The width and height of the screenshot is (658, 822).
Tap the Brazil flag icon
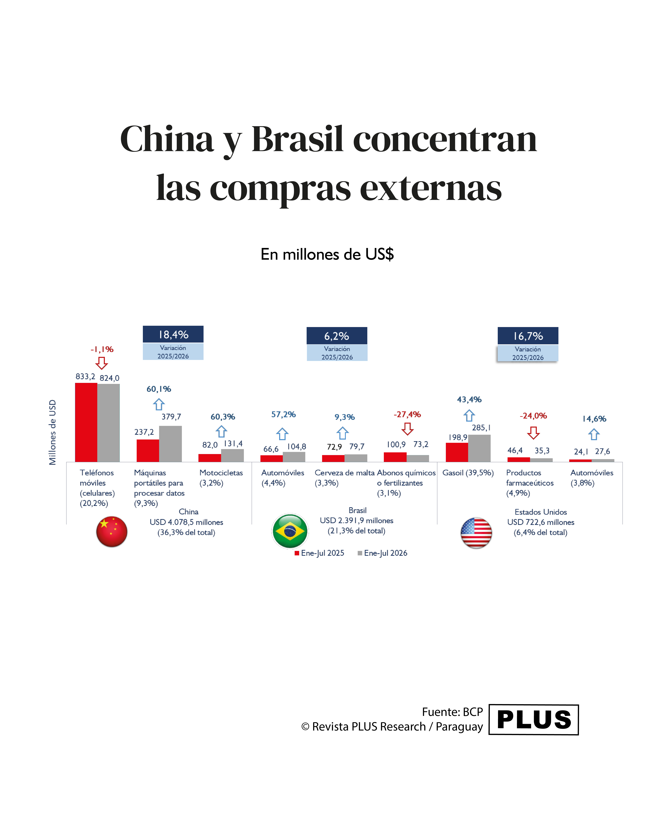click(x=290, y=531)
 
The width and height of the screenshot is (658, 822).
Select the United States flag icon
click(x=476, y=533)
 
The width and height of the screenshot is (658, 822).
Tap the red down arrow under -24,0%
click(x=533, y=433)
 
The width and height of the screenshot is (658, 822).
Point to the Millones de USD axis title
click(x=53, y=432)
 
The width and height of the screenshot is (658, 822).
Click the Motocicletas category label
click(x=221, y=473)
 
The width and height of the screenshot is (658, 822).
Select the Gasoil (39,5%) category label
click(x=468, y=473)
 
